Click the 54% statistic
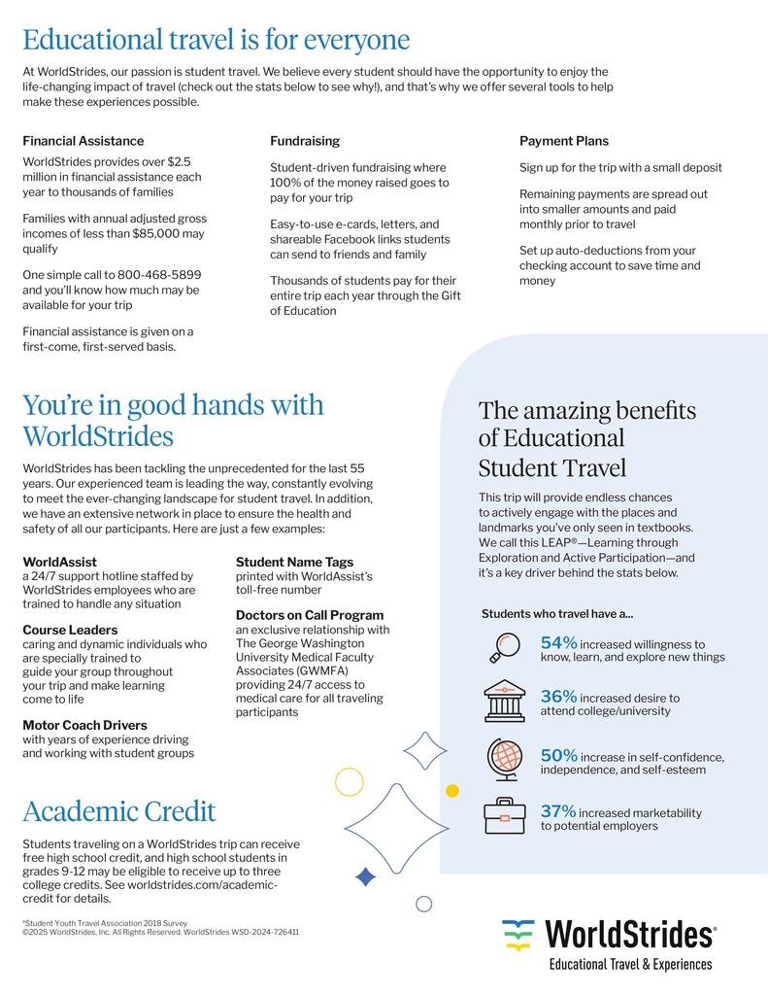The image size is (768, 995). (x=559, y=642)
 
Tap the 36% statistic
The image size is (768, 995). (x=559, y=697)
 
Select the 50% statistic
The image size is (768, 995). (x=559, y=755)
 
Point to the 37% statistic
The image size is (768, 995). (x=559, y=811)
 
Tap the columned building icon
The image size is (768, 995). (x=504, y=701)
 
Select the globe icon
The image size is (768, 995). (x=504, y=759)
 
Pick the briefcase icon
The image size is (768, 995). (x=504, y=815)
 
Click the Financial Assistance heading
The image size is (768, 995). (x=83, y=141)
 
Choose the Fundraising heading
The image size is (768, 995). (x=305, y=141)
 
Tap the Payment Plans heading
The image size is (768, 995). (x=564, y=141)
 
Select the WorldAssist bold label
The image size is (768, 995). (x=59, y=562)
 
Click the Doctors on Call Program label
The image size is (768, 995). (x=310, y=615)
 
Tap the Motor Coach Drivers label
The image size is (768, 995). (x=85, y=725)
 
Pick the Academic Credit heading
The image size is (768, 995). (x=119, y=811)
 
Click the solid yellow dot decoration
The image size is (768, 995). (x=451, y=790)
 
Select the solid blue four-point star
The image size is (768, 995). (x=366, y=876)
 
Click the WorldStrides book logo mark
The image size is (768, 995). (x=518, y=935)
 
